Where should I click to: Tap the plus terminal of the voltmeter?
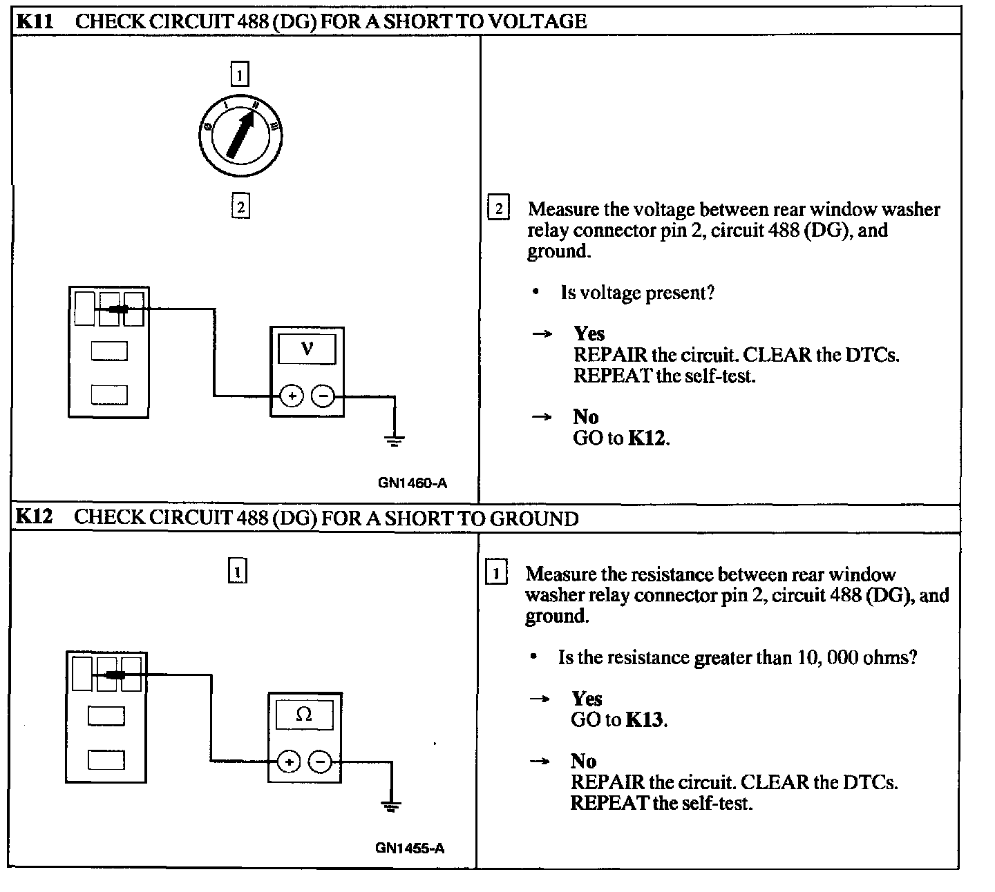tap(292, 396)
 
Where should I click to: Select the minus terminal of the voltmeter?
tap(323, 396)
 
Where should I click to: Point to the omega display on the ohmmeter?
tap(304, 715)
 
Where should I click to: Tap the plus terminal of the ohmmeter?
tap(289, 762)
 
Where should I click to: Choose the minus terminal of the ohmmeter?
tap(320, 762)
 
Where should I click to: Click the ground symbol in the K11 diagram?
tap(395, 440)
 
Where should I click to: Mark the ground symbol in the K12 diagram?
tap(392, 805)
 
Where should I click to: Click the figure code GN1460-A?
tap(413, 483)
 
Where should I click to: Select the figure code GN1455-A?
tap(410, 848)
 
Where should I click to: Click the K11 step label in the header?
tap(35, 21)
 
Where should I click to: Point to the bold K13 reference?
tap(645, 719)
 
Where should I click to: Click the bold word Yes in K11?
tap(589, 334)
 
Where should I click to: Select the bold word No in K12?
tap(583, 761)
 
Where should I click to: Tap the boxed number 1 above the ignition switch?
tap(239, 74)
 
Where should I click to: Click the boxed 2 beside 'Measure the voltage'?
tap(499, 208)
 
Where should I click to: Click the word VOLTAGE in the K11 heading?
tap(537, 21)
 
